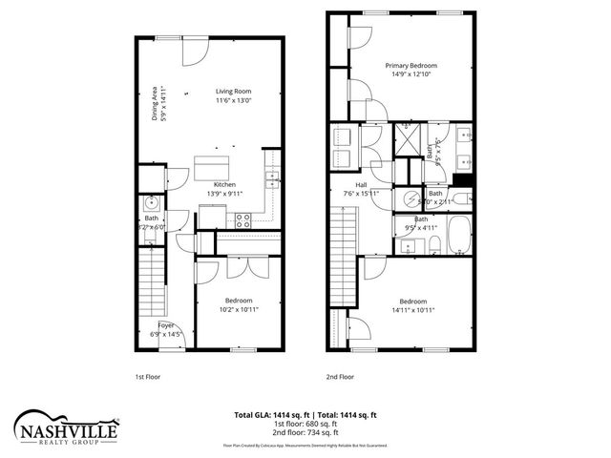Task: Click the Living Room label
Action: [233, 90]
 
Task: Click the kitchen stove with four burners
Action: [242, 219]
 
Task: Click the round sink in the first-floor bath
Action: [151, 204]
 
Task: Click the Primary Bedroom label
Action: [410, 66]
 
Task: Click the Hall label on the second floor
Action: [362, 185]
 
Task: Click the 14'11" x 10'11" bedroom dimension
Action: [412, 309]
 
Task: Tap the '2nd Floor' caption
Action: [339, 377]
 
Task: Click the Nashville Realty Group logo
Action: [66, 427]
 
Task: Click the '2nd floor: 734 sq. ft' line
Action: [305, 433]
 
